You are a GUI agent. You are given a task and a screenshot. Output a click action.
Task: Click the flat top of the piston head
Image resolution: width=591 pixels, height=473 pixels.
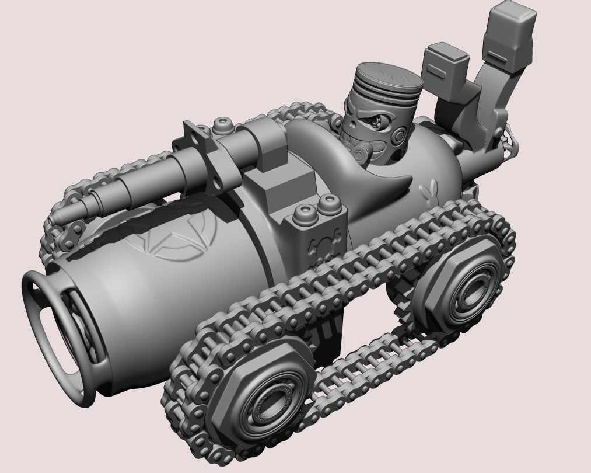click(388, 78)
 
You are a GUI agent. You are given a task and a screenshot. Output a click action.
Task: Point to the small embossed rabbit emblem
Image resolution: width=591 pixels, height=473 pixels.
click(428, 190)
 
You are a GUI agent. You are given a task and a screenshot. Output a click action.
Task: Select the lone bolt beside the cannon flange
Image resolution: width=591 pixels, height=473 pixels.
click(222, 124)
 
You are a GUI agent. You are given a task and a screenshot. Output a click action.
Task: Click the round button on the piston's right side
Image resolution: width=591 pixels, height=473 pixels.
click(399, 136)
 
